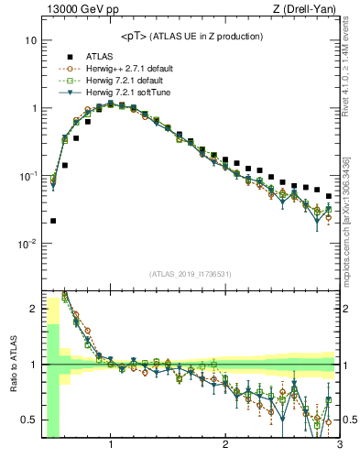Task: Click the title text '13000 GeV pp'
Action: coord(77,10)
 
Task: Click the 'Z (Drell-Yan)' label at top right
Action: coord(305,10)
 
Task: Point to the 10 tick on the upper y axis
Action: coord(30,41)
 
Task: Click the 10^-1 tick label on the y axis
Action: coord(27,176)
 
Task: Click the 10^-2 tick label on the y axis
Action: coord(27,244)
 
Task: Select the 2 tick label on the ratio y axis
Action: coord(33,309)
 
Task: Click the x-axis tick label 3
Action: coord(339,446)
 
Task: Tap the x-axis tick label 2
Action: coord(225,446)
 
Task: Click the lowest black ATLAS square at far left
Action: coord(53,221)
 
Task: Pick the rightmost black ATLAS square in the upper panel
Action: coord(329,196)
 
